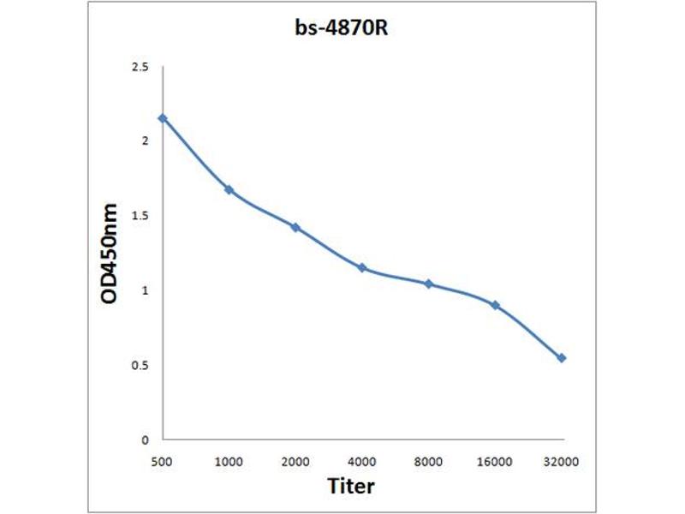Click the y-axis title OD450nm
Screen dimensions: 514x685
(110, 253)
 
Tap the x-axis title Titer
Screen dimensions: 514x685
(351, 486)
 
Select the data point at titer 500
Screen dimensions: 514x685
(163, 118)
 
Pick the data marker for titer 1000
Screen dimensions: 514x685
(229, 189)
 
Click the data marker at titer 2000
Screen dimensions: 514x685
(295, 227)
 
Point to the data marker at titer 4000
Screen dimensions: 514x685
(362, 268)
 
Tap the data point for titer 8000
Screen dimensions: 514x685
(428, 284)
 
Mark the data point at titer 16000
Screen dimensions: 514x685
(495, 305)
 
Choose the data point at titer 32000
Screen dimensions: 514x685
(562, 358)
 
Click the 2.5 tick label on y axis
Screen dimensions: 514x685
(140, 67)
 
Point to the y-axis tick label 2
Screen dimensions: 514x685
(145, 141)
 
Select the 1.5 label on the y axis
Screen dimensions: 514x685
(140, 216)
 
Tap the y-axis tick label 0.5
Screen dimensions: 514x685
(140, 366)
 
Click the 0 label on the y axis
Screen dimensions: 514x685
(145, 440)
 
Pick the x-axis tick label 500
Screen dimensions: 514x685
(163, 462)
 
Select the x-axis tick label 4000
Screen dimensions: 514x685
(362, 462)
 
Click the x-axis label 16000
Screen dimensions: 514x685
(495, 462)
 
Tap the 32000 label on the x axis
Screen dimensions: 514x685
(562, 462)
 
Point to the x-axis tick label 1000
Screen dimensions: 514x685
(229, 462)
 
